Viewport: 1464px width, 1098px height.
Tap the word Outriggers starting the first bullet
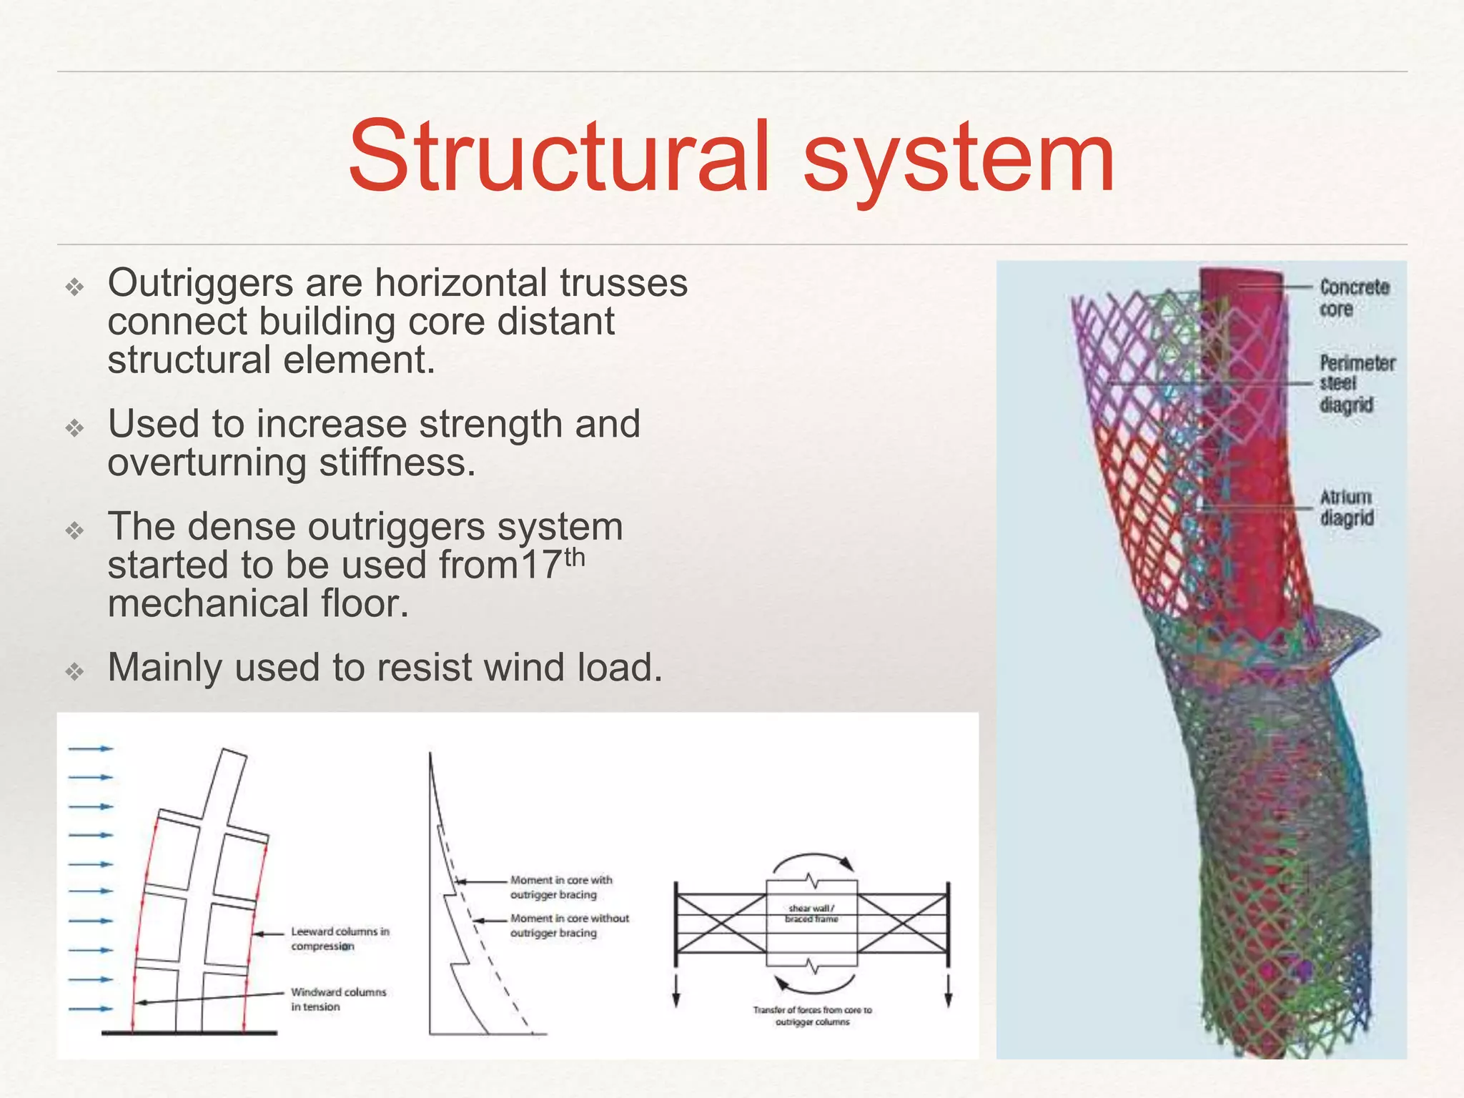click(200, 283)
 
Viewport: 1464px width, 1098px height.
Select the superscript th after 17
click(575, 558)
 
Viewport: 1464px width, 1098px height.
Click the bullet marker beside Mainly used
click(75, 671)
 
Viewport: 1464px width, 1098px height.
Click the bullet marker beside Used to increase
click(75, 427)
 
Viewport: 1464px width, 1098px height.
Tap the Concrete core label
click(1354, 298)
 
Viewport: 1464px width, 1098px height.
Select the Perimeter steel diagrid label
click(1356, 384)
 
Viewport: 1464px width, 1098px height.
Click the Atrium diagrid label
click(1346, 508)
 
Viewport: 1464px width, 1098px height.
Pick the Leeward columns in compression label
click(340, 939)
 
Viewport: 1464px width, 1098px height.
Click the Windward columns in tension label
click(337, 999)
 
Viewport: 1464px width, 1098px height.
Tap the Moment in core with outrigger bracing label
click(561, 887)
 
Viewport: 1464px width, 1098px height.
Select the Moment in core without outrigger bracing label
click(569, 926)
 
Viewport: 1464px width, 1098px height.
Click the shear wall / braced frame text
click(811, 914)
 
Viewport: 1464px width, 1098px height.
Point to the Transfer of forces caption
click(812, 1016)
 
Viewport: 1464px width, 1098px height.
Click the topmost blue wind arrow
click(91, 748)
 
